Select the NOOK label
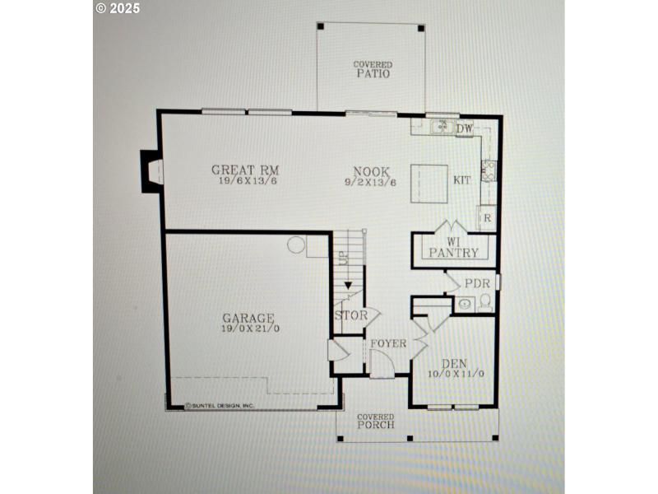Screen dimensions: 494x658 (x=362, y=170)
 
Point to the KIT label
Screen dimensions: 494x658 (x=462, y=179)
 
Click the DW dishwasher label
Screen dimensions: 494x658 (x=465, y=128)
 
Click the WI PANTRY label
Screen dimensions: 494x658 (x=453, y=248)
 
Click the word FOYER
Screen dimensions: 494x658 (x=387, y=343)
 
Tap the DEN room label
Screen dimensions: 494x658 (x=454, y=363)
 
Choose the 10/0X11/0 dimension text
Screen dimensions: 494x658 (x=454, y=374)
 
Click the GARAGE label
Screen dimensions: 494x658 (x=248, y=317)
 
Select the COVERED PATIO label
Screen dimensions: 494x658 (x=373, y=69)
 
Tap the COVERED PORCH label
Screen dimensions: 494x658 (x=375, y=421)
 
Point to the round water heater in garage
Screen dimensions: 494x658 (x=296, y=245)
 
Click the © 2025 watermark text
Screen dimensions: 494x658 (x=118, y=8)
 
